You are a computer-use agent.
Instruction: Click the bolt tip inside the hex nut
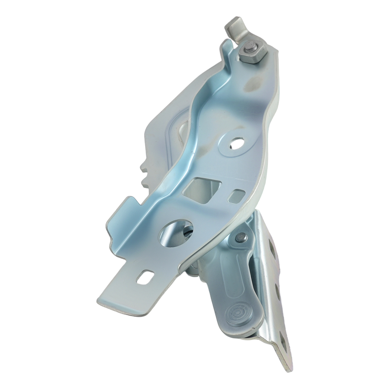[248, 50]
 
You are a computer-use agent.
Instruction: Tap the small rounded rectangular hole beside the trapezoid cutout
[237, 195]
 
